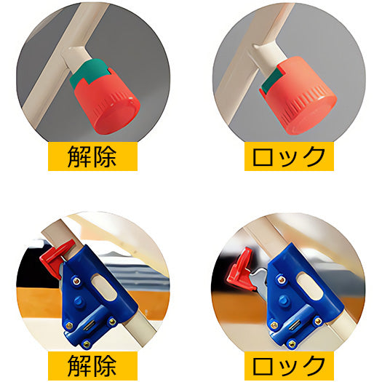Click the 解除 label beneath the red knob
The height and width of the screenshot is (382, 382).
pyautogui.click(x=92, y=156)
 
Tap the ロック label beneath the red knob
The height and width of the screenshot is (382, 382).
pyautogui.click(x=288, y=156)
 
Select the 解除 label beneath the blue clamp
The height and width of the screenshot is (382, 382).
pyautogui.click(x=92, y=363)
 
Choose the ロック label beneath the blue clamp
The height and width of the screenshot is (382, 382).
pyautogui.click(x=288, y=363)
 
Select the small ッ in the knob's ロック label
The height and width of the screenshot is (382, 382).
pyautogui.click(x=289, y=158)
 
